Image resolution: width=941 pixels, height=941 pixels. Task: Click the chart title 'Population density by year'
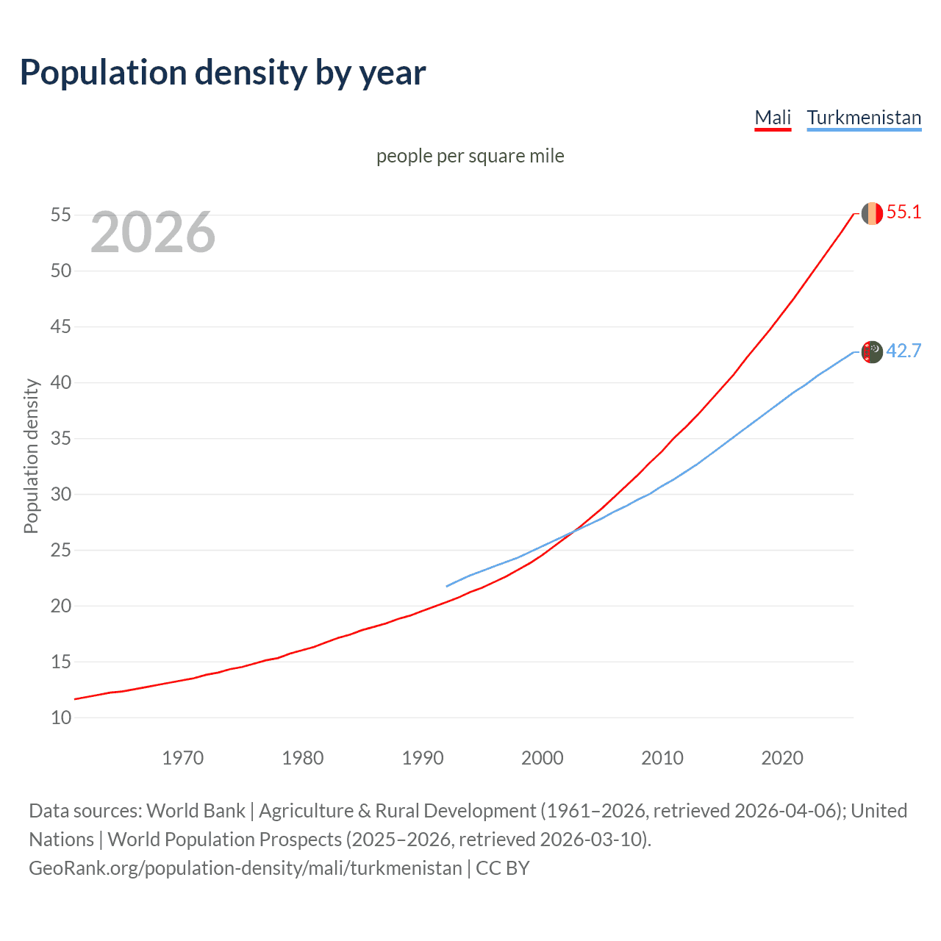[222, 73]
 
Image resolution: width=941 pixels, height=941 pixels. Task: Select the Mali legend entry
[773, 118]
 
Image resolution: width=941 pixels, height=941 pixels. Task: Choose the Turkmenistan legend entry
[864, 118]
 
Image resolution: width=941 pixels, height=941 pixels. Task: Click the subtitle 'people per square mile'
[470, 156]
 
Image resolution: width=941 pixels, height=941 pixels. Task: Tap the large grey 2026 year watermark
[153, 232]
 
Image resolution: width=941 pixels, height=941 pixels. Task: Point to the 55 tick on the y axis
[61, 215]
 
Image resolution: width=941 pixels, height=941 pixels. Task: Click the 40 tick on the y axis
[61, 382]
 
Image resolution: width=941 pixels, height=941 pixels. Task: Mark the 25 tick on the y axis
[61, 550]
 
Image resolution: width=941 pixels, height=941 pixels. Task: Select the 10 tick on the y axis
[61, 718]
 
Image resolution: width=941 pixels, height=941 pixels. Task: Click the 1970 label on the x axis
[182, 758]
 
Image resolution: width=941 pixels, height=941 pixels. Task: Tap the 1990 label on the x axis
[423, 758]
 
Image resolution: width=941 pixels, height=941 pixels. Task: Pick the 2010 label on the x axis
[662, 758]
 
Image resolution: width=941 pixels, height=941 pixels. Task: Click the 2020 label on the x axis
[782, 758]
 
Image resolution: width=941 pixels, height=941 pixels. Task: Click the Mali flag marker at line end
[872, 213]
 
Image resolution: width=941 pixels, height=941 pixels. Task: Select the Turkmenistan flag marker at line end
[872, 352]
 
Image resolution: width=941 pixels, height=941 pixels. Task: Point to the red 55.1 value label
[904, 212]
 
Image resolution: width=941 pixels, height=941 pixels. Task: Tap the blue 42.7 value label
[904, 351]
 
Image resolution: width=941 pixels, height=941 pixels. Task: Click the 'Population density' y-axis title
[31, 456]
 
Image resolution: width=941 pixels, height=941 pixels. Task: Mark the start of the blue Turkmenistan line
[447, 586]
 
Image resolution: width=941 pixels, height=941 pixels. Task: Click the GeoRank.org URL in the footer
[246, 868]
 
